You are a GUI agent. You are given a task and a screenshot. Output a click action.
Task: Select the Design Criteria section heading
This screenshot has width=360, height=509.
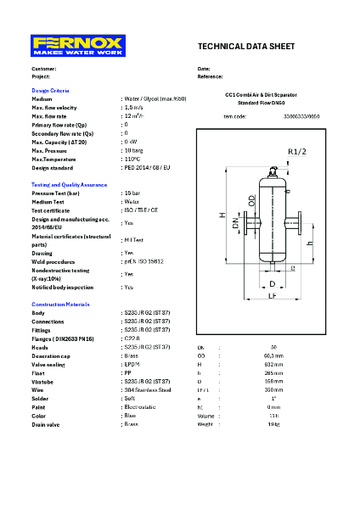(50, 90)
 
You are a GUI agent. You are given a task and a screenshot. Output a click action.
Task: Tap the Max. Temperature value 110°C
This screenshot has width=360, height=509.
(132, 159)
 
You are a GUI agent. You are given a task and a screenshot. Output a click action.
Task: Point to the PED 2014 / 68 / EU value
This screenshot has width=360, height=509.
(146, 167)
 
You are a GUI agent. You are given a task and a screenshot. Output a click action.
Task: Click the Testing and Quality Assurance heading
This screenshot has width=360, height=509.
(70, 184)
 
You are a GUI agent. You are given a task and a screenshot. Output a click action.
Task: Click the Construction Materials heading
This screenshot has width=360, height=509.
(60, 304)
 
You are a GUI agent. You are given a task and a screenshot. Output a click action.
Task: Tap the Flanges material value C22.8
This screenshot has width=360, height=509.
(132, 338)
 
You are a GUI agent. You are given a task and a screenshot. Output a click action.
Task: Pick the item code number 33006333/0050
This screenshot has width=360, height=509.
(301, 116)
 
